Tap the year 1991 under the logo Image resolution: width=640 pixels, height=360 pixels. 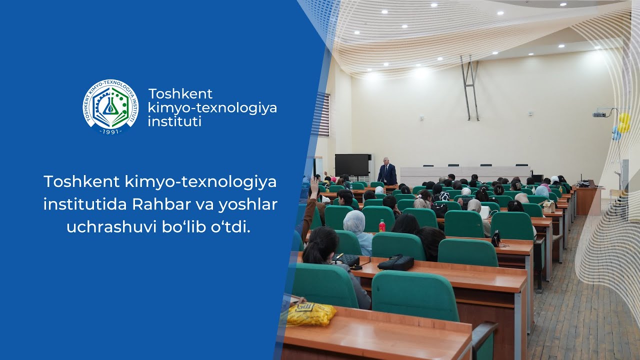coord(110,131)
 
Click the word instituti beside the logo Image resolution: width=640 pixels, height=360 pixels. coord(175,121)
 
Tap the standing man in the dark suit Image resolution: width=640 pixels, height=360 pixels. coord(387,172)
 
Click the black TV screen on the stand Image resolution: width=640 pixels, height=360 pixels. coord(352,165)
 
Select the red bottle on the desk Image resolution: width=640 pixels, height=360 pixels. coord(382,226)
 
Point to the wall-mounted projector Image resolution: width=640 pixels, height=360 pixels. coord(599,114)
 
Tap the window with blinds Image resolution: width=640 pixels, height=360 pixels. coord(323,114)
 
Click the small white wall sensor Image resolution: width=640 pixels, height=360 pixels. coord(421,117)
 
